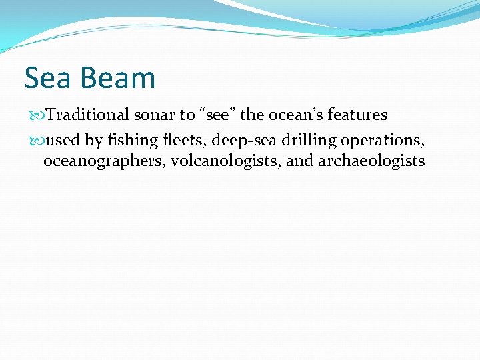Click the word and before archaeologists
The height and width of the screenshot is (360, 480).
click(299, 161)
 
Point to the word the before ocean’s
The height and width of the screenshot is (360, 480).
click(252, 115)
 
